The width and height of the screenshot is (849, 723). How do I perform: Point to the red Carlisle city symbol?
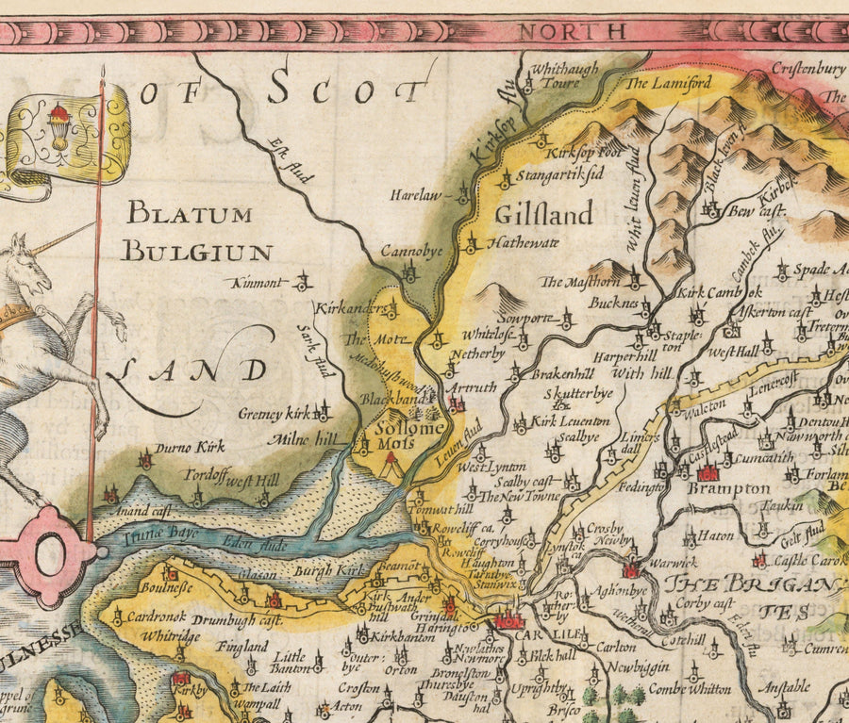(507, 619)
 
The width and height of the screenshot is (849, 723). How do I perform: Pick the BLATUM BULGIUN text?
(199, 232)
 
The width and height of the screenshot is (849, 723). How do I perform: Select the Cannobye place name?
(411, 253)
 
